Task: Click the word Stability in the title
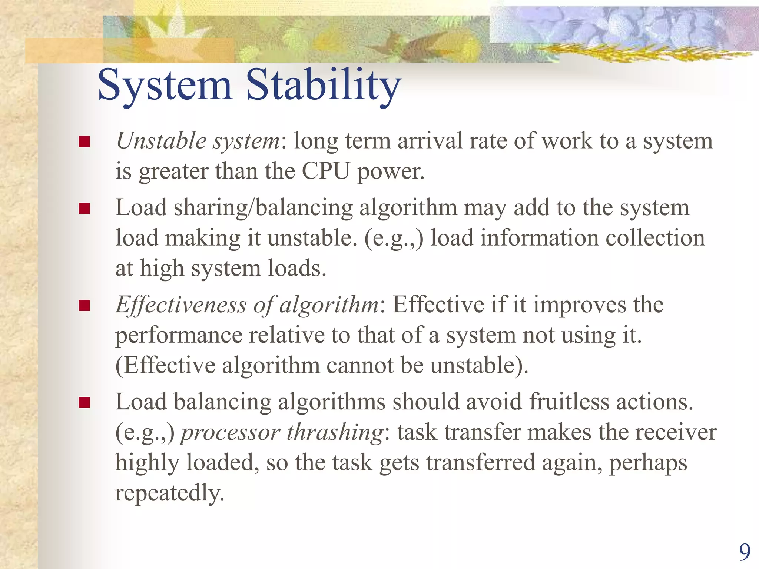pyautogui.click(x=323, y=85)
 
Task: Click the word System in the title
pyautogui.click(x=165, y=85)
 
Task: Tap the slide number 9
pyautogui.click(x=745, y=552)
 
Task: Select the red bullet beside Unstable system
pyautogui.click(x=84, y=142)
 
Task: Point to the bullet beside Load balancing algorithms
pyautogui.click(x=84, y=402)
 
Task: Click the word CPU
pyautogui.click(x=326, y=171)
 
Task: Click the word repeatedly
pyautogui.click(x=170, y=493)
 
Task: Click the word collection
pyautogui.click(x=655, y=238)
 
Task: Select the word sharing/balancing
pyautogui.click(x=263, y=208)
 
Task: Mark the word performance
pyautogui.click(x=179, y=336)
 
